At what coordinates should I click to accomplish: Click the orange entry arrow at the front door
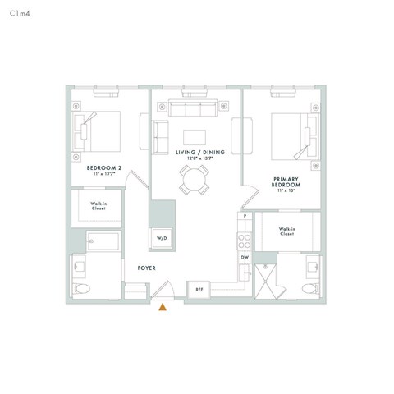pos(163,307)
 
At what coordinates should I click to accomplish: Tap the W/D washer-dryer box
pos(161,238)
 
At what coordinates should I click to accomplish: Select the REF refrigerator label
pos(199,289)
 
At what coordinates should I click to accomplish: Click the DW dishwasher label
pos(244,258)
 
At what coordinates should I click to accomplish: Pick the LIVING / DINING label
pos(195,153)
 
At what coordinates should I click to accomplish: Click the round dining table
pos(195,179)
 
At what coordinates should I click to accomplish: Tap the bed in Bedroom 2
pos(99,130)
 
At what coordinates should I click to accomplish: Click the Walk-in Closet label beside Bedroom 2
pos(103,205)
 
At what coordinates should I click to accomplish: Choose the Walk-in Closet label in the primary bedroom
pos(286,231)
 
